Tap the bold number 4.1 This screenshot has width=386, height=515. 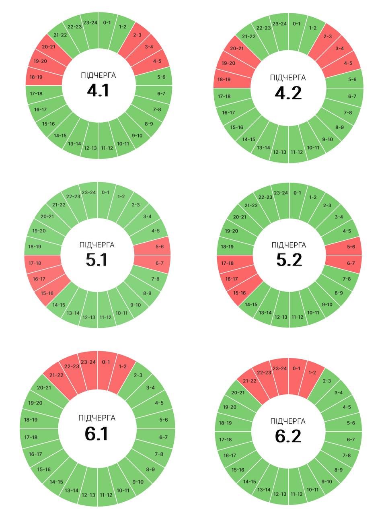(98, 91)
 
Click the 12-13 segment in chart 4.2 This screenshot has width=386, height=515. (279, 152)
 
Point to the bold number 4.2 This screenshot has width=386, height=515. (288, 93)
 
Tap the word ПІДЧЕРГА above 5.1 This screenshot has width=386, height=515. (97, 245)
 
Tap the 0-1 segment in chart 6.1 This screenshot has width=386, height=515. (106, 362)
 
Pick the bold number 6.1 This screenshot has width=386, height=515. (96, 434)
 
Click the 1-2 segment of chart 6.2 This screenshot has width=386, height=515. (312, 373)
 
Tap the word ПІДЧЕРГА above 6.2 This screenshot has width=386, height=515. (288, 421)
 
